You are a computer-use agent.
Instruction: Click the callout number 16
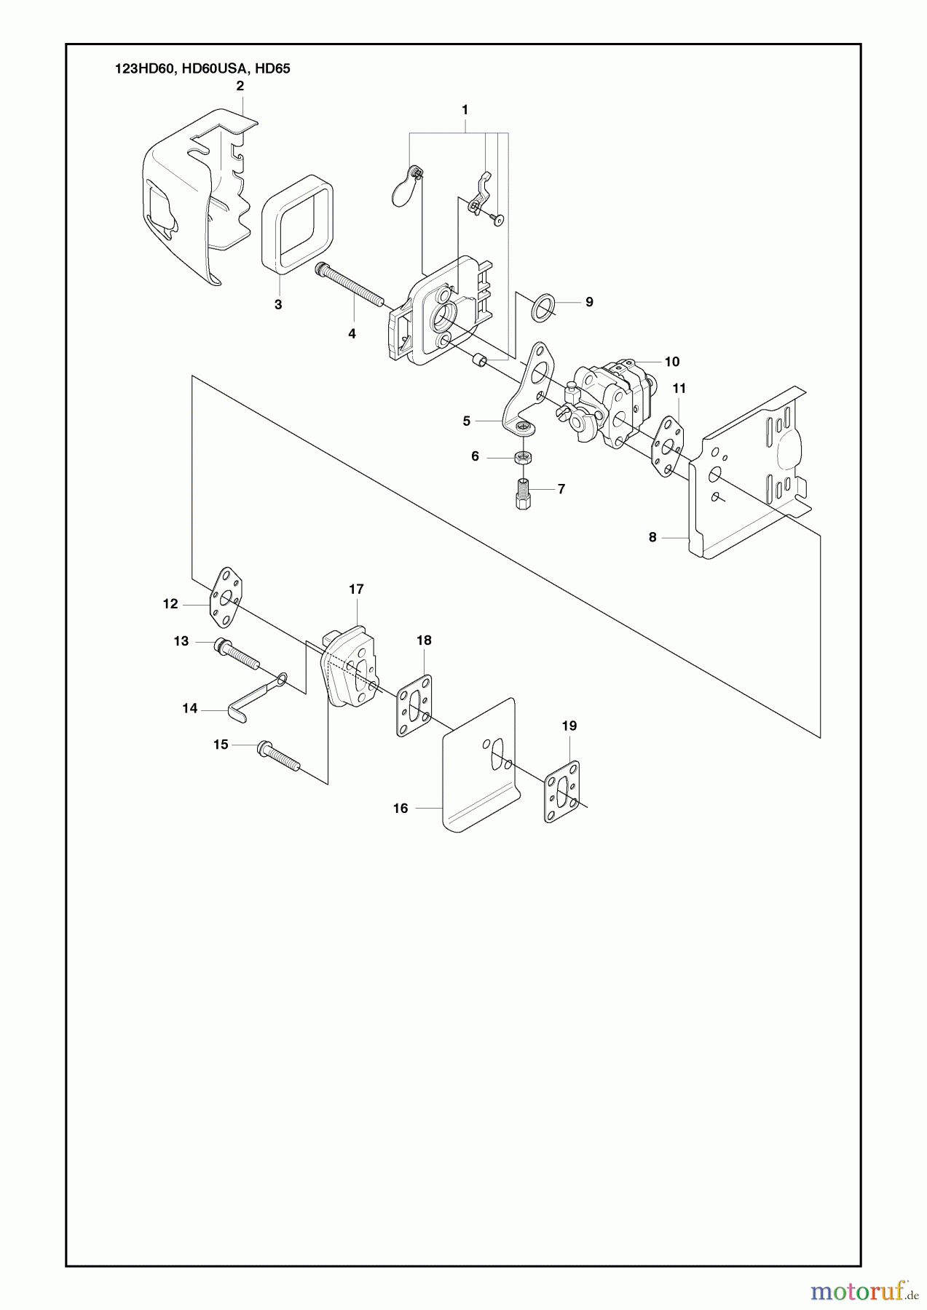point(401,808)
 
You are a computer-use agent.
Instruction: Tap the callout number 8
point(652,537)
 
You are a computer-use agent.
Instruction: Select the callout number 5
point(467,421)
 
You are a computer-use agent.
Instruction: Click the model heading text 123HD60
point(140,68)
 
